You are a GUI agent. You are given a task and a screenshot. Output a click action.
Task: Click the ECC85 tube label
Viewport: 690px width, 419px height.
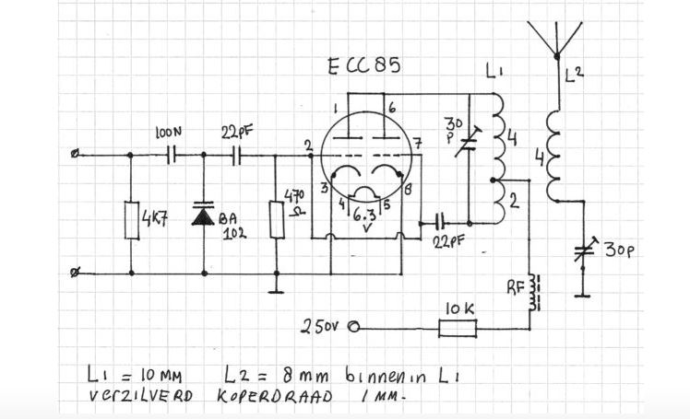[364, 66]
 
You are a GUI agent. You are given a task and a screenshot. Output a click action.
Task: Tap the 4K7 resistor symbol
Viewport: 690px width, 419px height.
[132, 220]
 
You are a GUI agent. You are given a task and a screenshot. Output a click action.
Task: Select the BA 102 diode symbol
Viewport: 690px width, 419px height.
[203, 215]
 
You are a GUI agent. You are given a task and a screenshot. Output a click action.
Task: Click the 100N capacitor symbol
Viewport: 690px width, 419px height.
[172, 155]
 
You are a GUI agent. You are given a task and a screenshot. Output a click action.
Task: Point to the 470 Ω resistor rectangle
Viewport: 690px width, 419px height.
[277, 219]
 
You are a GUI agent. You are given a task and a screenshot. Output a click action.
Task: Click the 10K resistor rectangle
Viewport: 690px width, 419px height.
[458, 328]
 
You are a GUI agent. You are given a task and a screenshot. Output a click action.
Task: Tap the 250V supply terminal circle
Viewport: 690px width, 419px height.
[354, 327]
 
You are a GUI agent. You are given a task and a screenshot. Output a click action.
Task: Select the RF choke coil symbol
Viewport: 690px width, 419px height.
[534, 293]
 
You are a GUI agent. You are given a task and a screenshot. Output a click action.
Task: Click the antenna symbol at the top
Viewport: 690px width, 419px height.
[556, 40]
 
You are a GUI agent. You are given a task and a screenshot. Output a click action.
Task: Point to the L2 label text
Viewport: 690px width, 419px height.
[574, 75]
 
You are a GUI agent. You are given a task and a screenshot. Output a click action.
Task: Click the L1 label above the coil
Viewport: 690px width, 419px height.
[494, 71]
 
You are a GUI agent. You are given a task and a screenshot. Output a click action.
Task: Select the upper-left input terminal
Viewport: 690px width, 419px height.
[75, 154]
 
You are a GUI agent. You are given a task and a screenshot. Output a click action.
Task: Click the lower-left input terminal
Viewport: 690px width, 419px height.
[74, 274]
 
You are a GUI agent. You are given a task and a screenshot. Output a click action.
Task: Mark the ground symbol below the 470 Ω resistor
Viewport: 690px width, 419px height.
[276, 292]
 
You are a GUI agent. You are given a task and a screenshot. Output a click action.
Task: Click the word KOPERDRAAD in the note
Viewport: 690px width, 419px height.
[275, 396]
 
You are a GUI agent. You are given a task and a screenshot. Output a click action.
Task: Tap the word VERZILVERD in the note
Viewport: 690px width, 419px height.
[141, 396]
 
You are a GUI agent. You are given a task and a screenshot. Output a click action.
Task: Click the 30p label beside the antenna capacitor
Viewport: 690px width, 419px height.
[619, 250]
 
